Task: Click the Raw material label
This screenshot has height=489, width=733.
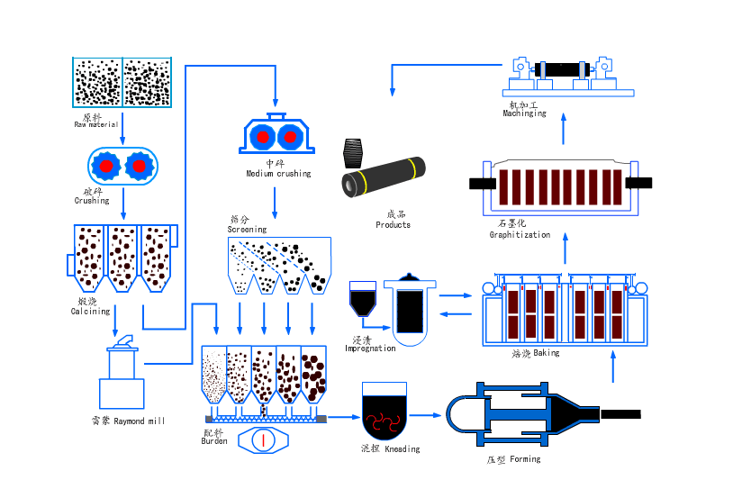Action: pyautogui.click(x=96, y=123)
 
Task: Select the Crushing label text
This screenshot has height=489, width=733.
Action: pyautogui.click(x=91, y=200)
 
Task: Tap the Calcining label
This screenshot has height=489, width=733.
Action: pyautogui.click(x=90, y=311)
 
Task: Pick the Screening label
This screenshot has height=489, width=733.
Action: pyautogui.click(x=247, y=230)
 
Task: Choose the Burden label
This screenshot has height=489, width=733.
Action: pyautogui.click(x=214, y=441)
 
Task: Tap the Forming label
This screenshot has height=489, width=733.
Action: pyautogui.click(x=514, y=459)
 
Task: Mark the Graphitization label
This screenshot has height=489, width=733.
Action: pyautogui.click(x=520, y=234)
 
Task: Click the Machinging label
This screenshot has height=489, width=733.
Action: pyautogui.click(x=524, y=113)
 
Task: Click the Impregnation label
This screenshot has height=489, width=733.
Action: pyautogui.click(x=370, y=349)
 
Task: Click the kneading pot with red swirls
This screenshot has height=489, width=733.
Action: pyautogui.click(x=385, y=410)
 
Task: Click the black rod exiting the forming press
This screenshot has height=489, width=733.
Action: pyautogui.click(x=620, y=414)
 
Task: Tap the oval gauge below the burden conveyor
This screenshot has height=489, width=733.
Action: pyautogui.click(x=262, y=439)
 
